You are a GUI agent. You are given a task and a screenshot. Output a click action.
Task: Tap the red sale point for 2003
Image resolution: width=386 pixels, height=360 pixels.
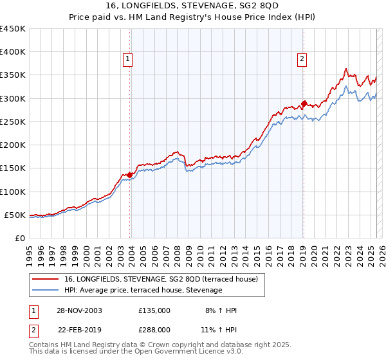tap(130, 174)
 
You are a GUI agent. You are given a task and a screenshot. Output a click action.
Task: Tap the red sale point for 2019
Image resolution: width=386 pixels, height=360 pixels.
tap(304, 103)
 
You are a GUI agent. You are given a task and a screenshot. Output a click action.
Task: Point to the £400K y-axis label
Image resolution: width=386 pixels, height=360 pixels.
tap(13, 52)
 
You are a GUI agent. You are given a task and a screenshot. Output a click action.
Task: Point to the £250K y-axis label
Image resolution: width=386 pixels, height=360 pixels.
tap(13, 122)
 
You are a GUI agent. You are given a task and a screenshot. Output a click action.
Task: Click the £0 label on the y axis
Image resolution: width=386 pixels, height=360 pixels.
tap(20, 238)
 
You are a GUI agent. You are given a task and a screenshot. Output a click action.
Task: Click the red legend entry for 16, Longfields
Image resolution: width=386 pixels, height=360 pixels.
tap(161, 279)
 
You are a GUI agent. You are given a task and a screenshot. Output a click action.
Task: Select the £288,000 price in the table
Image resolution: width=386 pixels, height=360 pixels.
tap(154, 329)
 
